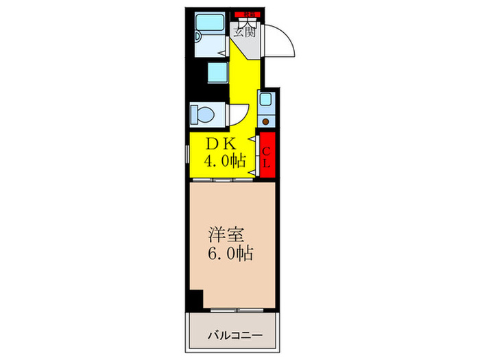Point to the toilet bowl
tap(204, 112)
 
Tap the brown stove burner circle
tap(266, 121)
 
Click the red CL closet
tap(267, 156)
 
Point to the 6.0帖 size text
tap(230, 254)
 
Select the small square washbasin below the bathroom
tap(217, 72)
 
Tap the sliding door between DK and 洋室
tap(224, 180)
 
